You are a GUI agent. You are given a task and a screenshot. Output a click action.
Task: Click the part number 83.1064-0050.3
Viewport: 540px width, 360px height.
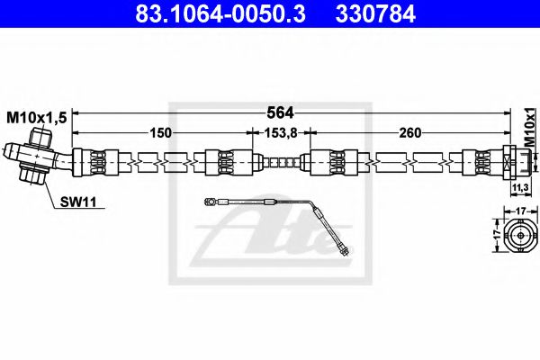[220, 13]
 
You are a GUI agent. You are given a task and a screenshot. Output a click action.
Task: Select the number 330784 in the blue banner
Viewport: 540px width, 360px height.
[375, 13]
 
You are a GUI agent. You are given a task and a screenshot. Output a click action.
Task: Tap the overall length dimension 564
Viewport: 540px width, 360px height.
[281, 112]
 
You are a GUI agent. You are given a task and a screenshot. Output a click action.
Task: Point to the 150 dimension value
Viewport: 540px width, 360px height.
[160, 132]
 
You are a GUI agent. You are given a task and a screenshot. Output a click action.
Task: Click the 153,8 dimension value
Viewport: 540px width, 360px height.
[280, 132]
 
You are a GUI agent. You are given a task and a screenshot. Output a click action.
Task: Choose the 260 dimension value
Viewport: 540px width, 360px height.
[410, 132]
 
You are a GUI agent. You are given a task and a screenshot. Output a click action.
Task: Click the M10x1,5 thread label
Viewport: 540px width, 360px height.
[37, 118]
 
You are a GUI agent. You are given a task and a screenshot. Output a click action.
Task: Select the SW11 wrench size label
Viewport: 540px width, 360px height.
[78, 202]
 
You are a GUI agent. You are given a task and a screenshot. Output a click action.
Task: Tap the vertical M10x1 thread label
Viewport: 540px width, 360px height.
[531, 128]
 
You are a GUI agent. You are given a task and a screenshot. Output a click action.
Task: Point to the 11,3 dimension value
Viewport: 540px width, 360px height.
[520, 188]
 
